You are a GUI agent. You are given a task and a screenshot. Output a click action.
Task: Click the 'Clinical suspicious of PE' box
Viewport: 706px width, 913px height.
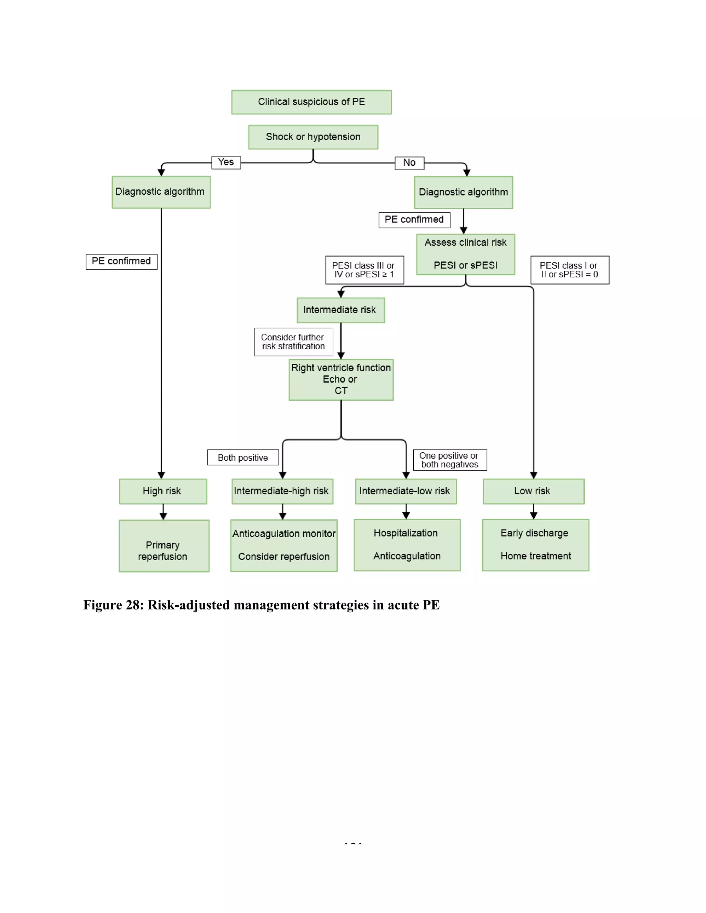(311, 102)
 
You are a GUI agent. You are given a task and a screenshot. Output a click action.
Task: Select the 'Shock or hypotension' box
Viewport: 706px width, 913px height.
(313, 137)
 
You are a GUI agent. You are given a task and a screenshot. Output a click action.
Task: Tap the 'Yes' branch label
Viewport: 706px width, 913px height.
(226, 162)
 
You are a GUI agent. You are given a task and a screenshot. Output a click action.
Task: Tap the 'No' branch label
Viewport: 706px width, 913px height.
(409, 163)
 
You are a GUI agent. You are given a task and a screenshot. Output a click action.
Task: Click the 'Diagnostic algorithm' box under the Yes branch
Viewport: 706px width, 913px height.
(161, 192)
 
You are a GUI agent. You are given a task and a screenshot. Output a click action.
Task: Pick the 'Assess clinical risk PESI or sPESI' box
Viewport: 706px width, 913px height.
(465, 254)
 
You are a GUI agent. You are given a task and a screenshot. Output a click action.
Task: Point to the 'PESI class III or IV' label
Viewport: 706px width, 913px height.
(364, 270)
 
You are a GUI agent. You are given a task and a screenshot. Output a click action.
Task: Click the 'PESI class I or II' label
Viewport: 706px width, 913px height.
(569, 270)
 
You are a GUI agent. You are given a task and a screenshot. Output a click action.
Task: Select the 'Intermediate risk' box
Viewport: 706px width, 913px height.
(341, 310)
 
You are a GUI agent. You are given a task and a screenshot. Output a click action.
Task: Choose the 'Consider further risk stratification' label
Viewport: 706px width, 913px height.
(293, 342)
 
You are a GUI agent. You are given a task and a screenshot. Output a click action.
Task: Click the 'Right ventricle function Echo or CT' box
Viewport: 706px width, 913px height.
(341, 379)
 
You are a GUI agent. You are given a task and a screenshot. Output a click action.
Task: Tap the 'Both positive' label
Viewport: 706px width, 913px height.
(243, 457)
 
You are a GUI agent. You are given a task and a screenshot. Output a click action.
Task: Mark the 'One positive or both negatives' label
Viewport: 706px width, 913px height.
(450, 460)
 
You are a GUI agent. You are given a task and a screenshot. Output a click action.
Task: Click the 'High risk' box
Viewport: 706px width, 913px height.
(163, 491)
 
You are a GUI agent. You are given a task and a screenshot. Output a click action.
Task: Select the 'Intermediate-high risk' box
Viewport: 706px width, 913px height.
(282, 491)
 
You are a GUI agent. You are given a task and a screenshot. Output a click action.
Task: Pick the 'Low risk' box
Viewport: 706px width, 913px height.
(533, 491)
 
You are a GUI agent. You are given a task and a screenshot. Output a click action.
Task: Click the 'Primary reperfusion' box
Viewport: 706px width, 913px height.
(163, 546)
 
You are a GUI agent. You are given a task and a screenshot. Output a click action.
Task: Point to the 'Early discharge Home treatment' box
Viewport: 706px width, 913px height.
(535, 545)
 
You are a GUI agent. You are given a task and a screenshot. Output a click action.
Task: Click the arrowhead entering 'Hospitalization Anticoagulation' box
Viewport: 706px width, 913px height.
(406, 516)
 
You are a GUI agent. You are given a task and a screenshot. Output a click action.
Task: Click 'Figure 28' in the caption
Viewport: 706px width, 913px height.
(113, 605)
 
